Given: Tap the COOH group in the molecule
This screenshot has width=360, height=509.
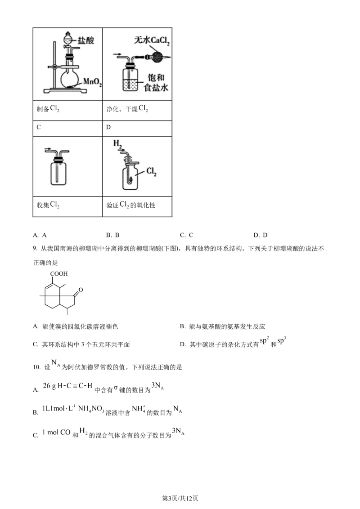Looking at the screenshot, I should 59,273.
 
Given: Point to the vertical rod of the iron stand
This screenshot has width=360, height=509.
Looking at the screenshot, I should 54,67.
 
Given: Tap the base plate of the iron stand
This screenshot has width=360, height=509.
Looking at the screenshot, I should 65,93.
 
